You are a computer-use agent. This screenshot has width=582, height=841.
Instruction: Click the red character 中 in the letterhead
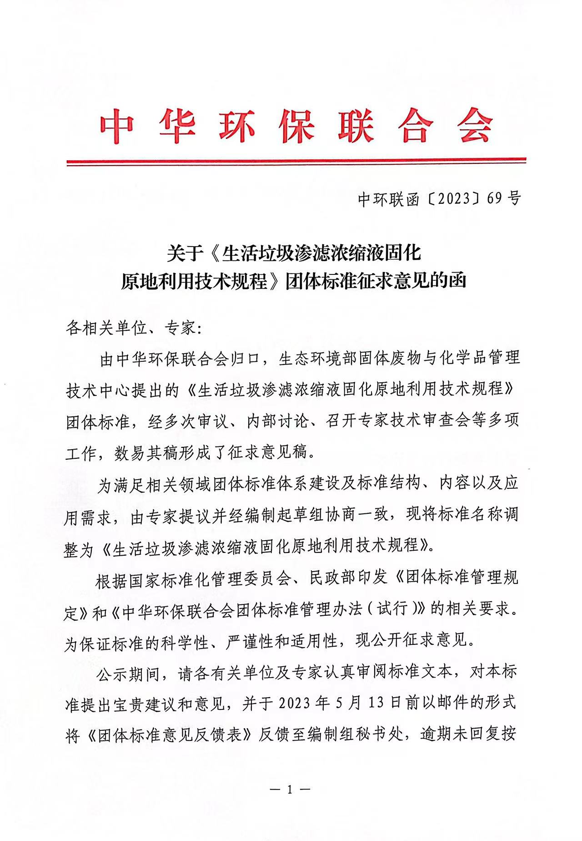click(117, 125)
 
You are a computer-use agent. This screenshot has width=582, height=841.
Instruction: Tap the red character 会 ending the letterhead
click(475, 125)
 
